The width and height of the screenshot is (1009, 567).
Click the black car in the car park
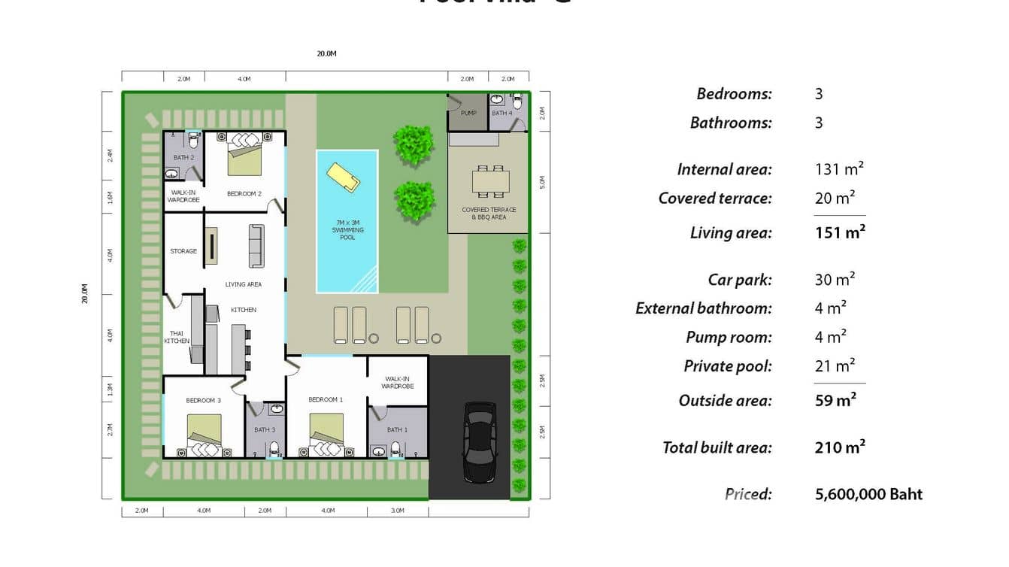(x=479, y=442)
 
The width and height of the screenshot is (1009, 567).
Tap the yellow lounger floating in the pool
(x=343, y=177)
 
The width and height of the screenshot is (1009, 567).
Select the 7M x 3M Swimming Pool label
(x=347, y=229)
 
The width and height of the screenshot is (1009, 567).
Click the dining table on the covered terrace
(x=490, y=181)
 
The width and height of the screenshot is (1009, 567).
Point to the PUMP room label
(x=468, y=114)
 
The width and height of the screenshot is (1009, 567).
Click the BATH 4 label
(x=502, y=114)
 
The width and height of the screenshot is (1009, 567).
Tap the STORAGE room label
(x=183, y=251)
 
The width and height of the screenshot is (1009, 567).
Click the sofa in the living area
(x=256, y=245)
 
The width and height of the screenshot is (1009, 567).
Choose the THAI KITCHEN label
(x=177, y=337)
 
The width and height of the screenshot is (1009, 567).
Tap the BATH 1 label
(x=397, y=430)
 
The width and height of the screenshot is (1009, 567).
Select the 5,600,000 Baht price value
(x=868, y=494)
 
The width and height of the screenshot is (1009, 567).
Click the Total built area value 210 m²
(x=840, y=447)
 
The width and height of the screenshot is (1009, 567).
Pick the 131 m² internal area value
(x=839, y=169)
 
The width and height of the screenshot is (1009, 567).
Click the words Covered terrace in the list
(x=715, y=199)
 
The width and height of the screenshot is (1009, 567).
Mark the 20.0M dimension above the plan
(x=326, y=53)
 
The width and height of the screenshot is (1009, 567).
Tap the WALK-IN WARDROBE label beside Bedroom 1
(x=398, y=383)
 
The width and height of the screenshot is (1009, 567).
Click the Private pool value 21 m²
(x=835, y=366)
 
